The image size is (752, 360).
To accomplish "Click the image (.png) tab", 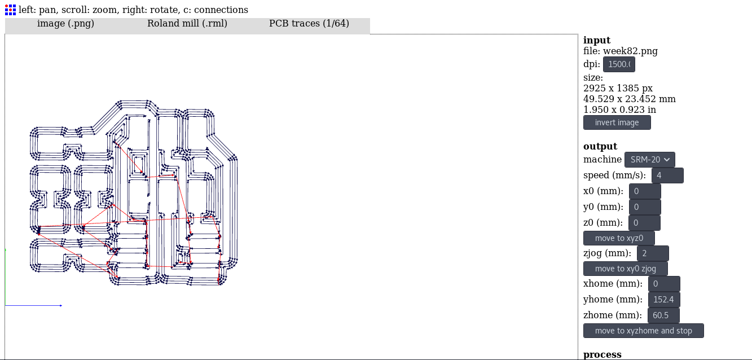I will [x=65, y=24].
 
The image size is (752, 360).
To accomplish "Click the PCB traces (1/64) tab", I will [x=309, y=24].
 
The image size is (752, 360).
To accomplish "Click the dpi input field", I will [x=619, y=64].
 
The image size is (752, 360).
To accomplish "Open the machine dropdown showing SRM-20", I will [x=649, y=160].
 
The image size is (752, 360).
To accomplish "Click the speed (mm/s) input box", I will [x=667, y=175].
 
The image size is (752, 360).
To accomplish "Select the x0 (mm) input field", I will [x=645, y=191].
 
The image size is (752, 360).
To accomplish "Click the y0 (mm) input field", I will [x=645, y=207].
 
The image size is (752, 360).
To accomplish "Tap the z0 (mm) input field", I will [x=645, y=223].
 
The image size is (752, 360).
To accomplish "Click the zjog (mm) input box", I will [x=653, y=253].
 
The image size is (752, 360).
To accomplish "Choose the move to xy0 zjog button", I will [x=625, y=269].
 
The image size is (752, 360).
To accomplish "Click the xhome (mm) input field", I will [x=664, y=284].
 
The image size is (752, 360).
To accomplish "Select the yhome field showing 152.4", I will [x=664, y=300].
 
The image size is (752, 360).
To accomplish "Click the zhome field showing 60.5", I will [x=663, y=315].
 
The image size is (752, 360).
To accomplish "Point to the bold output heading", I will [x=600, y=146].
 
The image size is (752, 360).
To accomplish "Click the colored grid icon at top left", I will [x=10, y=9].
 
